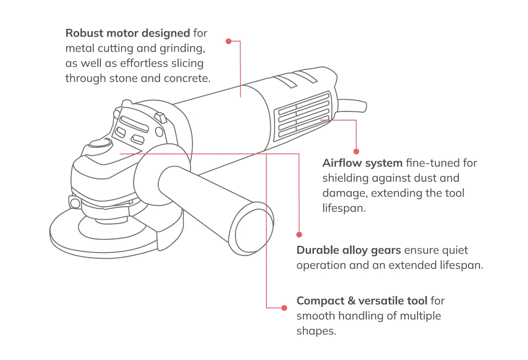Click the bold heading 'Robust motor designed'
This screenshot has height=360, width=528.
pos(128,33)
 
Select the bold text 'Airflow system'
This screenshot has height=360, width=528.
pos(362,163)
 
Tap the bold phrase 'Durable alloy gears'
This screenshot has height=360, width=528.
pos(349,250)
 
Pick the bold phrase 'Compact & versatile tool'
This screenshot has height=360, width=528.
pos(362,301)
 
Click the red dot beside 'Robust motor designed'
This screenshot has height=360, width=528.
pos(228,41)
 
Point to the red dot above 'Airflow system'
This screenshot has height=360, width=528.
pos(356,150)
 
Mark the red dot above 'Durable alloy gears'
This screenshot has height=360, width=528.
pos(299,235)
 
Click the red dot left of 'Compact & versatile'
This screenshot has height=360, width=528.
pos(284,307)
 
